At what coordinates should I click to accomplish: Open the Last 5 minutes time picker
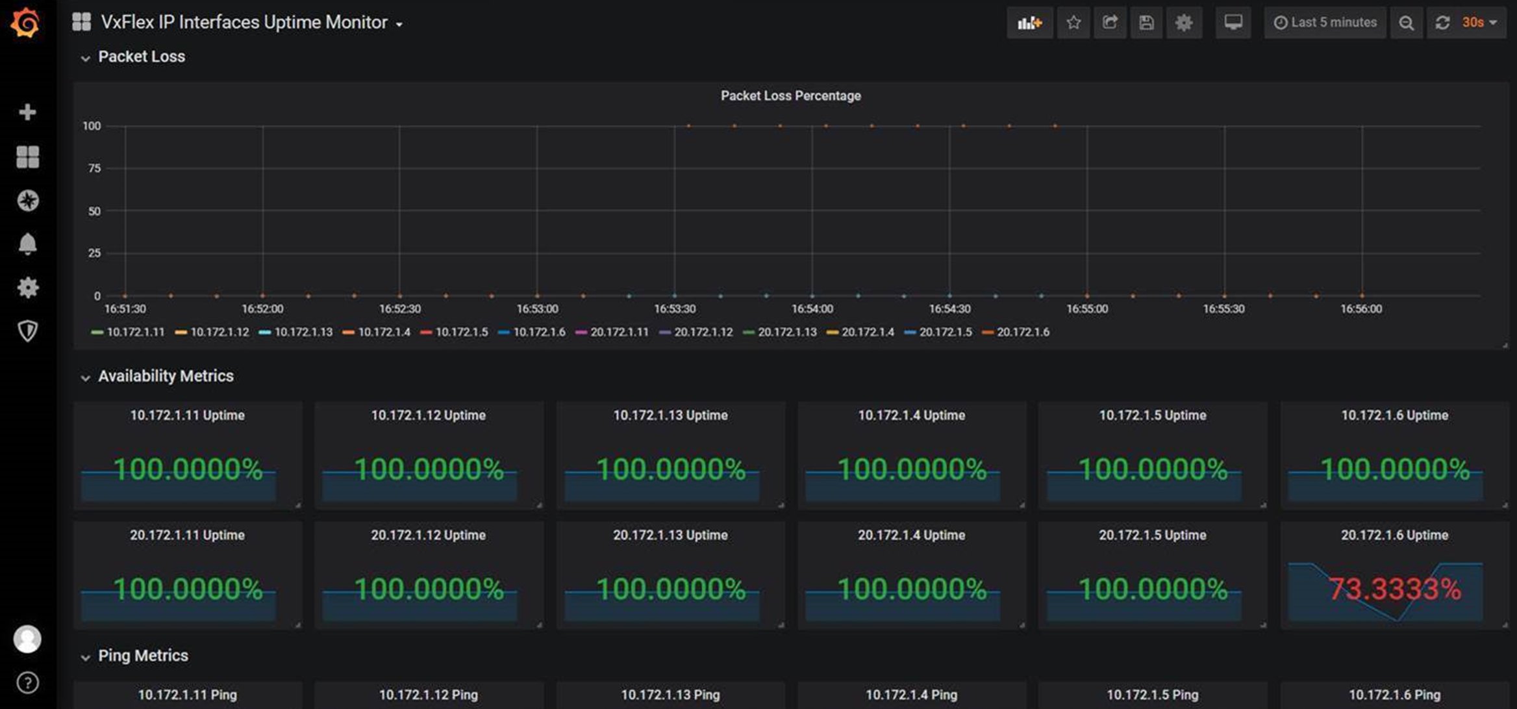coord(1325,23)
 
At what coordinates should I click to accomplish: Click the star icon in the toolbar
coord(1073,23)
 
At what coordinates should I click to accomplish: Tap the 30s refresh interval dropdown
coord(1479,23)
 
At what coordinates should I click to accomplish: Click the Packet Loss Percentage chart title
coord(790,96)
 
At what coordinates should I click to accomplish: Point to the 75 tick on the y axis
coord(94,168)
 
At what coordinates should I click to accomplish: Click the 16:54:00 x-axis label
coord(812,309)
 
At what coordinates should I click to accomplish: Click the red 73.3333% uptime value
coord(1394,589)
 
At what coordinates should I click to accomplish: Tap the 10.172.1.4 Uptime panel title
coord(911,415)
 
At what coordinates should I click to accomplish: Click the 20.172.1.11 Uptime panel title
coord(187,535)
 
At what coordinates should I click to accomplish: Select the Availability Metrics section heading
coord(166,376)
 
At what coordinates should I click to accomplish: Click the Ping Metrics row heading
coord(143,656)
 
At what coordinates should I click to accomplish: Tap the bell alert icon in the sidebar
coord(27,244)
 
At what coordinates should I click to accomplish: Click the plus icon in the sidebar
coord(27,112)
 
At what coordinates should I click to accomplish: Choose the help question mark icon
coord(27,683)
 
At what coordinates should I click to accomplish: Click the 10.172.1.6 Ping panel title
coord(1394,695)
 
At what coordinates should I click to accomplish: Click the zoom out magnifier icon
coord(1407,23)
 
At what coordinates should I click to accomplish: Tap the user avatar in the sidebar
coord(27,639)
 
